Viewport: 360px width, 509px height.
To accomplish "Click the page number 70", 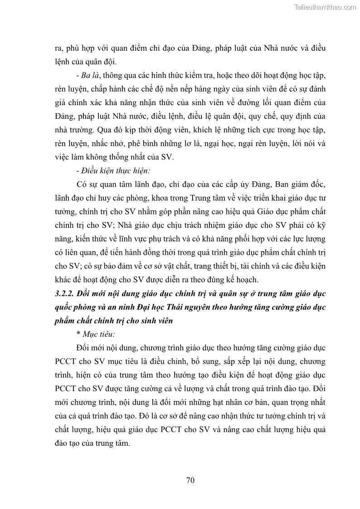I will pyautogui.click(x=190, y=481).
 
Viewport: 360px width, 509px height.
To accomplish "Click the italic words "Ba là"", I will pyautogui.click(x=88, y=74).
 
